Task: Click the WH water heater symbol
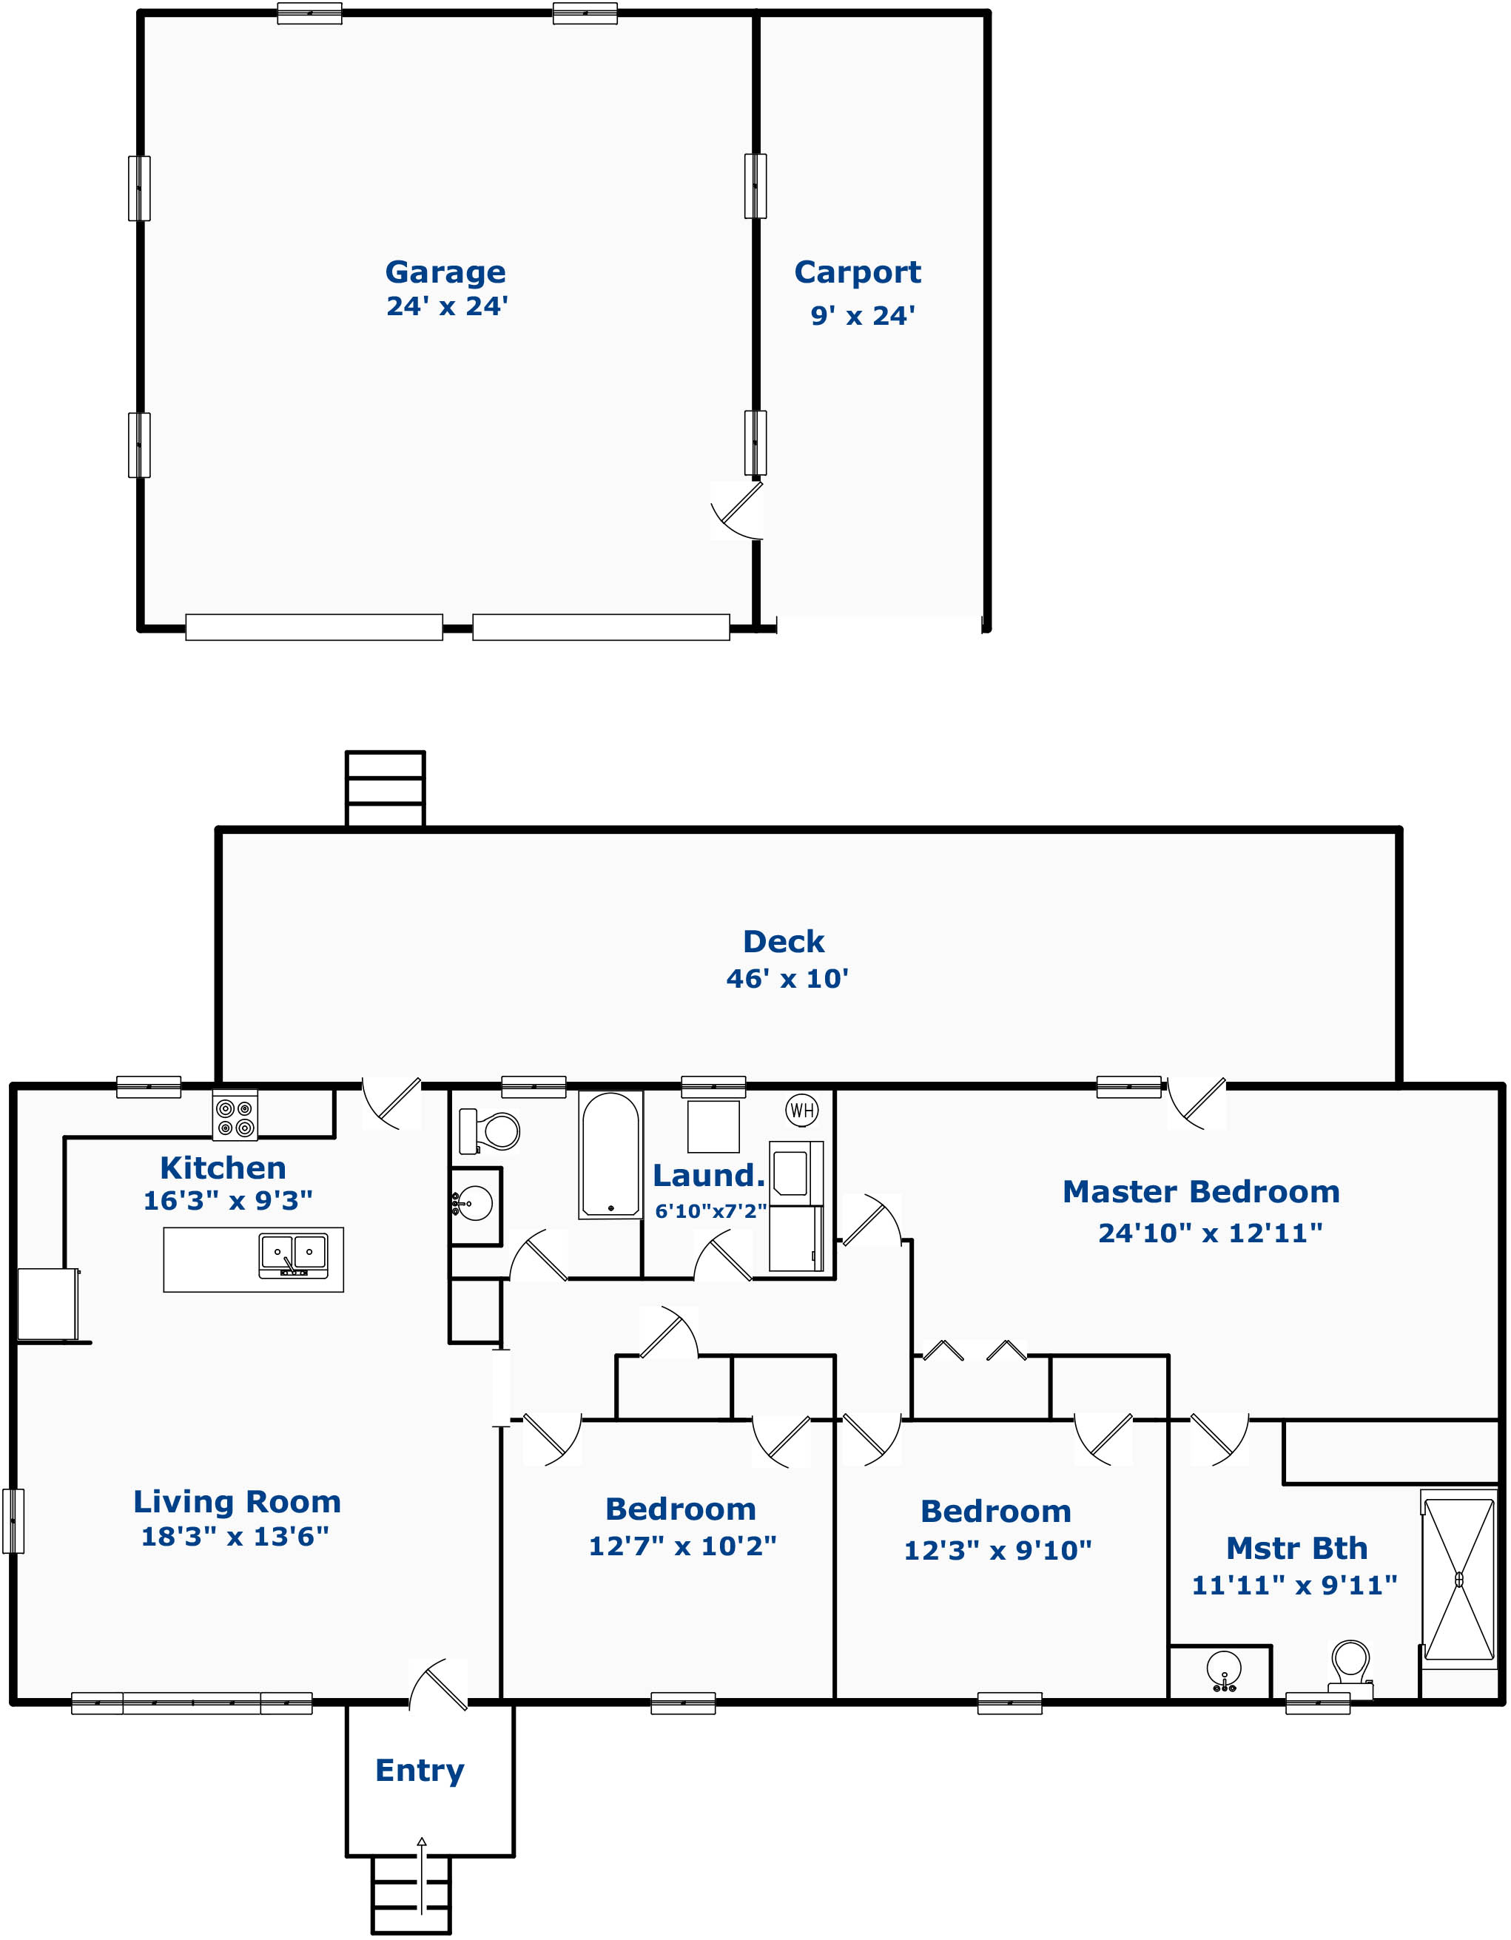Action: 801,1109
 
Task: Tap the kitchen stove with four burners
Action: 235,1116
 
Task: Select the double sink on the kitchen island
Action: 293,1254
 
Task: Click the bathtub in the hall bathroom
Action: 610,1154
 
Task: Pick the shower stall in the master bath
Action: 1458,1578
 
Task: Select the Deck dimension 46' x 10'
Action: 787,978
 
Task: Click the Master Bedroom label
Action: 1201,1191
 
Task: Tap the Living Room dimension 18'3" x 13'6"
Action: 235,1536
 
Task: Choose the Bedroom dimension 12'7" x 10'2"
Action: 682,1546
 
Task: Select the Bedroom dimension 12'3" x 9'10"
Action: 997,1550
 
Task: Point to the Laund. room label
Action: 709,1175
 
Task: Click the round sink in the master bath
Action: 1224,1670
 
